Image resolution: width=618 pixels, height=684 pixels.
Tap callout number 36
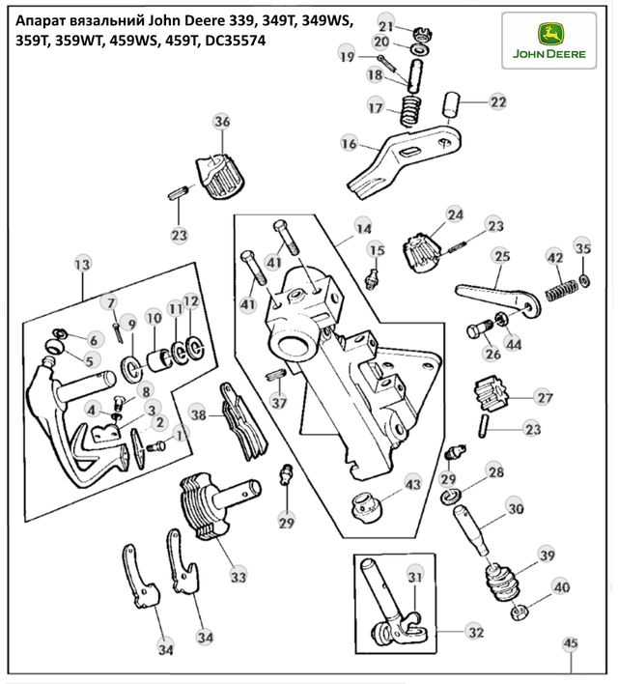point(222,122)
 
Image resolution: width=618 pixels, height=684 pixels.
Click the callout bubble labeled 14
point(362,229)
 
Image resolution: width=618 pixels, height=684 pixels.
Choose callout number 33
point(238,577)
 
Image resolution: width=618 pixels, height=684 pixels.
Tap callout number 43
point(412,483)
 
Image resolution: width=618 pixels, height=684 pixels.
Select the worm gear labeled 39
point(506,580)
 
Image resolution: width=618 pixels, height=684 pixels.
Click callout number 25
point(501,256)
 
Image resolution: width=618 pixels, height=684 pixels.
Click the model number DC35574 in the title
point(232,42)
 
